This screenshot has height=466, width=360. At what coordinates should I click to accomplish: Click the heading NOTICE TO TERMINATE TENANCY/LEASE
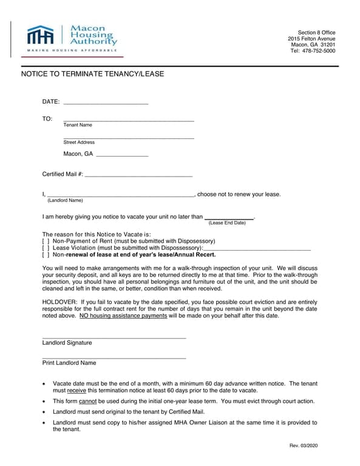[93, 74]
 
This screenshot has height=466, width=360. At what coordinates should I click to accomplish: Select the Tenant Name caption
[78, 125]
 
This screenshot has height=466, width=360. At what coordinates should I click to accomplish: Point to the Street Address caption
[79, 143]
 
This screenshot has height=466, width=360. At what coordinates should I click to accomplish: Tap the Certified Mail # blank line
[138, 175]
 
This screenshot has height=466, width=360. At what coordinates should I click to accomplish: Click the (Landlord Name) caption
[65, 200]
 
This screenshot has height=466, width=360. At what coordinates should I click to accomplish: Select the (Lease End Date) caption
[227, 223]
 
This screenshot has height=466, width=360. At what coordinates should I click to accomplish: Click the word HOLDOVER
[59, 301]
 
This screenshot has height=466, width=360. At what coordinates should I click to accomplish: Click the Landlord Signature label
[67, 343]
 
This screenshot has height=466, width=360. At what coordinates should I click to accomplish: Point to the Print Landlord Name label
[69, 363]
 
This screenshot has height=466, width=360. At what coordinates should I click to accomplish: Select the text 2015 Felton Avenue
[311, 39]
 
